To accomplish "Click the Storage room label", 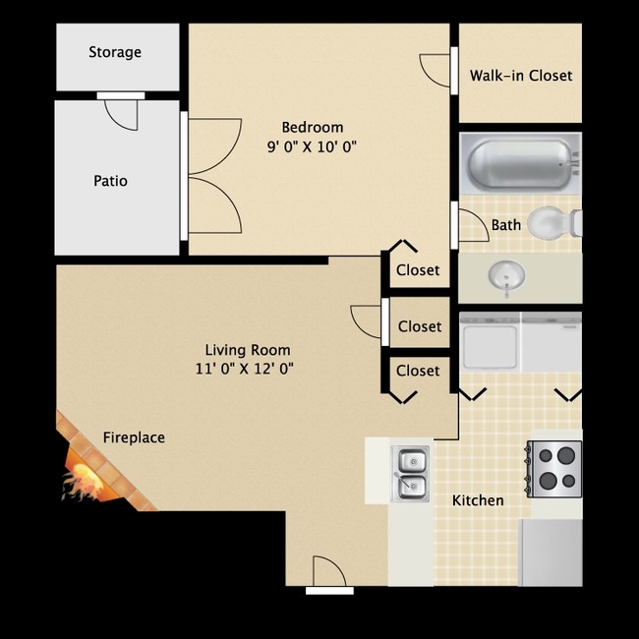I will (x=115, y=52).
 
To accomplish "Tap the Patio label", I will (x=110, y=181).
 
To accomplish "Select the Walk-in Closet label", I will (x=520, y=76).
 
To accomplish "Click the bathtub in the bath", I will (x=518, y=163).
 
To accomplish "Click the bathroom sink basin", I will (x=507, y=276).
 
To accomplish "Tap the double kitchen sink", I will (x=411, y=472).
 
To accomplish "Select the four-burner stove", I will (x=553, y=466).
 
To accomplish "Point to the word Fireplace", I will (x=134, y=437).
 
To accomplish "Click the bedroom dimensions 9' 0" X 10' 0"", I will (x=311, y=147).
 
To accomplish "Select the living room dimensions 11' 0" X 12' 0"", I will (x=245, y=370).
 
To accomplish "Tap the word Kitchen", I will (x=478, y=500).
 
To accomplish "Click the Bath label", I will (x=506, y=225).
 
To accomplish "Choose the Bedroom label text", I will (x=313, y=127).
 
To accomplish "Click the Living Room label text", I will (x=248, y=350).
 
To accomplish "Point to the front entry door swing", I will (x=327, y=573).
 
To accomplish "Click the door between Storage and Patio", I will (x=121, y=111).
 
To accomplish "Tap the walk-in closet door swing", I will (x=436, y=70).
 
